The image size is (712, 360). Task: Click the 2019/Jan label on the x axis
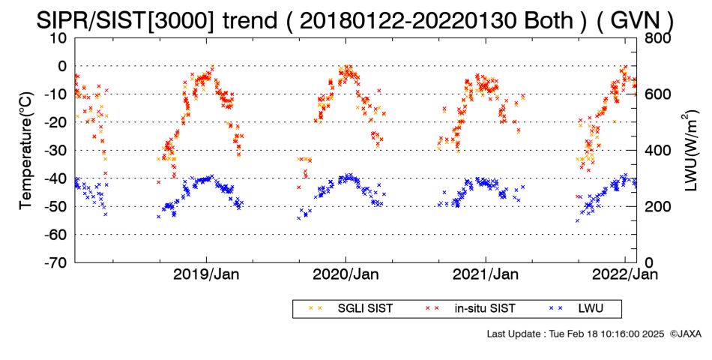pyautogui.click(x=207, y=274)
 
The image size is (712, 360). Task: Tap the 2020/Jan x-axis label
pyautogui.click(x=346, y=274)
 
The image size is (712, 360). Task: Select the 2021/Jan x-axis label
pyautogui.click(x=486, y=274)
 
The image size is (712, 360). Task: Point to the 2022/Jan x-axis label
pyautogui.click(x=625, y=274)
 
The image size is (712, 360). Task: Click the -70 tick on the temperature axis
pyautogui.click(x=55, y=262)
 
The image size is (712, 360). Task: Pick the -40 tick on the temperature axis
pyautogui.click(x=55, y=178)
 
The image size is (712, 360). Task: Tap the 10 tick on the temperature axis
pyautogui.click(x=59, y=38)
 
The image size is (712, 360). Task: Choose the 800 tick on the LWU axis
pyautogui.click(x=656, y=38)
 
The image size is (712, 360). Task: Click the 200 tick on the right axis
pyautogui.click(x=656, y=206)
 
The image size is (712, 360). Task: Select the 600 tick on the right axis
pyautogui.click(x=656, y=94)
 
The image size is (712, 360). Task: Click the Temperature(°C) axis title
pyautogui.click(x=26, y=151)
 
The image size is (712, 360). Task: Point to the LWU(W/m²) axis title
pyautogui.click(x=689, y=151)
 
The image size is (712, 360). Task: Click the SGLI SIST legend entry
pyautogui.click(x=351, y=309)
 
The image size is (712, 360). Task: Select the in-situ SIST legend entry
pyautogui.click(x=471, y=309)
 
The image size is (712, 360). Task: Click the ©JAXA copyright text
pyautogui.click(x=685, y=334)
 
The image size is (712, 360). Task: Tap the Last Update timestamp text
pyautogui.click(x=576, y=334)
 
